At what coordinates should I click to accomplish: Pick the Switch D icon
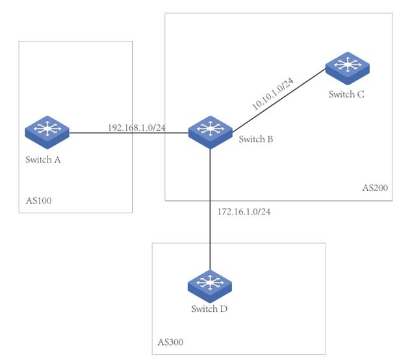(x=210, y=285)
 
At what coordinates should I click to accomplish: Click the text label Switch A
(x=44, y=160)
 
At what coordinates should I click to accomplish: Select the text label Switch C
(x=346, y=94)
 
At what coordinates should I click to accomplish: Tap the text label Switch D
(x=209, y=309)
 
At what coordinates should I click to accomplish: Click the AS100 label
(x=38, y=201)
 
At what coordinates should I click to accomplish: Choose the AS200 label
(x=374, y=188)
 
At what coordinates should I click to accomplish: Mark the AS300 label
(x=172, y=342)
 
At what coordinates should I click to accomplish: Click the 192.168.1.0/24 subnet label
(x=136, y=127)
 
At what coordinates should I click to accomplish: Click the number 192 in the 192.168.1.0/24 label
(x=114, y=127)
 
